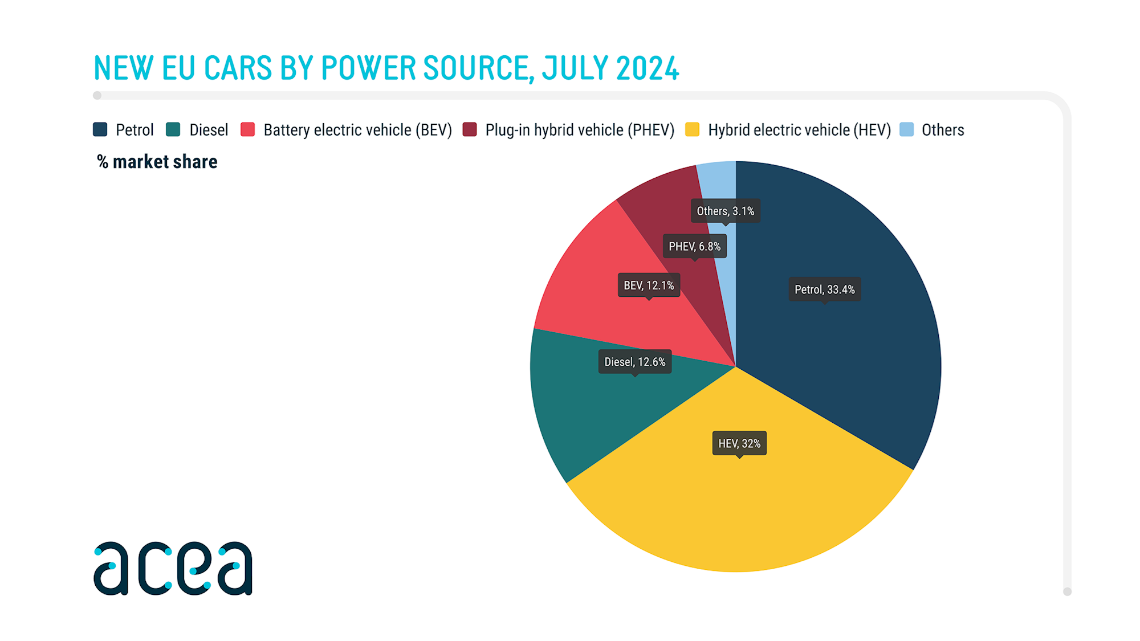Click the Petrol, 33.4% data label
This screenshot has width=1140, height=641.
point(824,289)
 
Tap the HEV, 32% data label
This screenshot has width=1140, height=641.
point(739,443)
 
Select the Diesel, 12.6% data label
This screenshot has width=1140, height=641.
point(634,362)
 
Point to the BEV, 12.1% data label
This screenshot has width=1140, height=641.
point(649,285)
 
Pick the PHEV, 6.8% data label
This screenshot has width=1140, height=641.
point(694,246)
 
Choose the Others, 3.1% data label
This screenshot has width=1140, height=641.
point(725,211)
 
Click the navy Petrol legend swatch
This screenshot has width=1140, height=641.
point(100,130)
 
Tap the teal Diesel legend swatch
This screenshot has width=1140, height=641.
point(173,130)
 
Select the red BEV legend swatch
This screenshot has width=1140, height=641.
point(247,130)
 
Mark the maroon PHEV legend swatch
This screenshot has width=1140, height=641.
point(470,130)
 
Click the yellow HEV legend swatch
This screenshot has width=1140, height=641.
point(692,130)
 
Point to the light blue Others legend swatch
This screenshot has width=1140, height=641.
point(906,130)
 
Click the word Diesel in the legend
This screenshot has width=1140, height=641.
point(209,130)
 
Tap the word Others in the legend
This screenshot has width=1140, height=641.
point(943,130)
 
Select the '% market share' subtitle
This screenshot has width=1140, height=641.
point(157,162)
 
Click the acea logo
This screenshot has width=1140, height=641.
point(173,568)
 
